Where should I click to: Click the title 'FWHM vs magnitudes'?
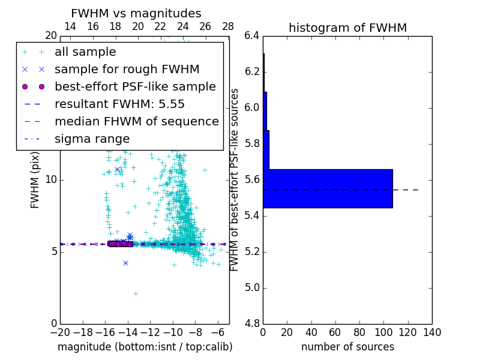136,13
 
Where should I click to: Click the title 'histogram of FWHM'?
347,28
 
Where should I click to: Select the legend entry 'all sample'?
85,52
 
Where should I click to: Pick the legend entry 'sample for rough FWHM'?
127,69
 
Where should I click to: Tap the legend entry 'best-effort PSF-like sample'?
135,86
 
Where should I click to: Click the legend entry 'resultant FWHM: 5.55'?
119,104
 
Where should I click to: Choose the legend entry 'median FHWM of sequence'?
136,121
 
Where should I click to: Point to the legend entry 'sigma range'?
92,139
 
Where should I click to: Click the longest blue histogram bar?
328,188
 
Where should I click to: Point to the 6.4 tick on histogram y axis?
251,35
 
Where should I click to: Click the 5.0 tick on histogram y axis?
251,287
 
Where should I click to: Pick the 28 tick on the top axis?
228,26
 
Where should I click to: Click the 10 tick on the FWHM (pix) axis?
52,179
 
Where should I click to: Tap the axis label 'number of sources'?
347,347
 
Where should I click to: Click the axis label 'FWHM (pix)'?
35,179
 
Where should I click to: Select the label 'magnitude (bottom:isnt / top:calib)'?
145,347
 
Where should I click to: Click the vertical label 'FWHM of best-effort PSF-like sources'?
235,179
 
